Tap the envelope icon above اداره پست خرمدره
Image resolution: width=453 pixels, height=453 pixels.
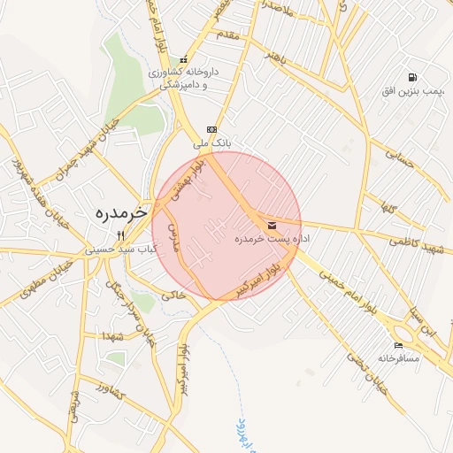(x=271, y=226)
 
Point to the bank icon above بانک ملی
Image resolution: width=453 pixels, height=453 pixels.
(x=211, y=128)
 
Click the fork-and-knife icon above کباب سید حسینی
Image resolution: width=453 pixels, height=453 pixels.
(x=121, y=235)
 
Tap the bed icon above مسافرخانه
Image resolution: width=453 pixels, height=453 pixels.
(x=398, y=346)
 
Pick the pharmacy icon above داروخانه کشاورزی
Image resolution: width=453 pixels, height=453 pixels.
(x=184, y=59)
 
